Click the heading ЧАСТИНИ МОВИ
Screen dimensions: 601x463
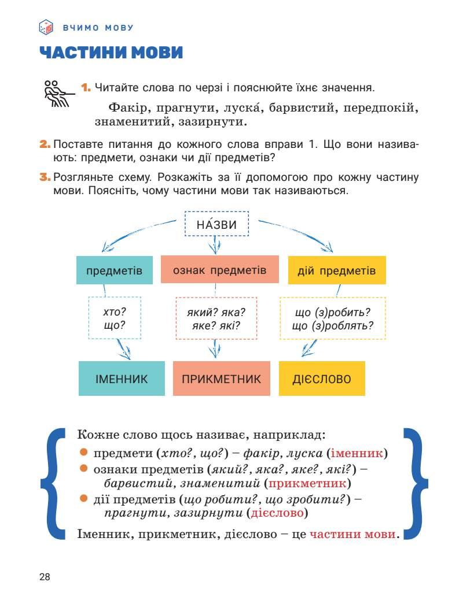coord(111,53)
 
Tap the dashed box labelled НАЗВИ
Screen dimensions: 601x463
coord(216,224)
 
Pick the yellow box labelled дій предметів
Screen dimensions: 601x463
coord(336,270)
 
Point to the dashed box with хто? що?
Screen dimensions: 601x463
coord(115,318)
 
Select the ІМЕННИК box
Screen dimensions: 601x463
coord(122,379)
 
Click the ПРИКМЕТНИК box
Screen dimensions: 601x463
coord(221,379)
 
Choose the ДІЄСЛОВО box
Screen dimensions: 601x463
coord(322,379)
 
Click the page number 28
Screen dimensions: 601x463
coord(45,577)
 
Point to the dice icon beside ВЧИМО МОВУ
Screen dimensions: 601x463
coord(45,27)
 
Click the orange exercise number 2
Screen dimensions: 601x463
coord(45,144)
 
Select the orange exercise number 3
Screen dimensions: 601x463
coord(45,177)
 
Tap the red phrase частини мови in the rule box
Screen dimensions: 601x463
coord(352,533)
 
